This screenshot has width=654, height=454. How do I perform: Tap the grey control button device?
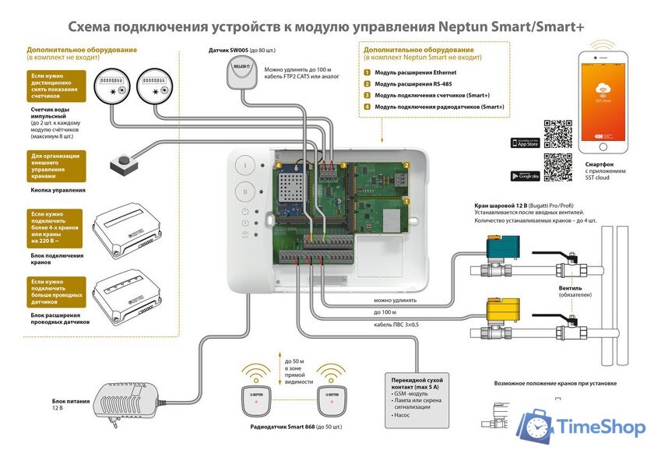[121, 164]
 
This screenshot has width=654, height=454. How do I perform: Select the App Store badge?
[526, 143]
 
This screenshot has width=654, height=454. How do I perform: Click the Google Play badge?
[526, 175]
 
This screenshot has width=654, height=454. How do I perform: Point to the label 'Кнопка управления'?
[58, 190]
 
